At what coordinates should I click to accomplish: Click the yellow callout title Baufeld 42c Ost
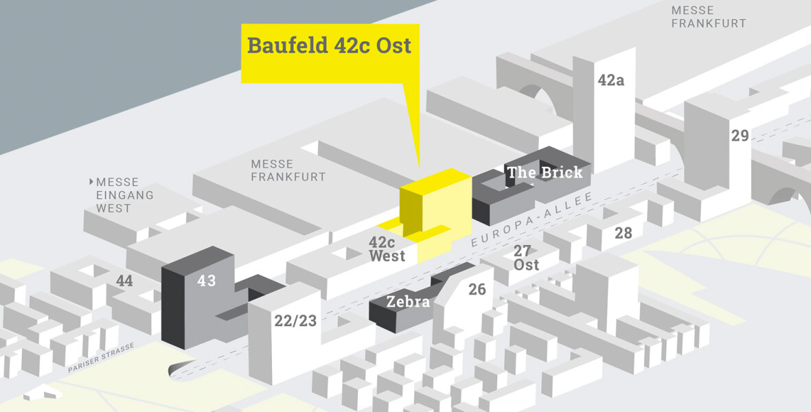[x=329, y=45]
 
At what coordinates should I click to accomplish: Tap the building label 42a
[x=611, y=80]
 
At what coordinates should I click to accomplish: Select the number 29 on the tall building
[x=740, y=135]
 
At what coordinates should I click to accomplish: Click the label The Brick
[x=545, y=172]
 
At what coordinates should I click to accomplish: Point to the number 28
[x=624, y=233]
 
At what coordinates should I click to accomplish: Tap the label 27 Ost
[x=526, y=258]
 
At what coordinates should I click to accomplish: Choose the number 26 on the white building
[x=477, y=290]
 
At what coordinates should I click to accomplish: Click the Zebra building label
[x=408, y=301]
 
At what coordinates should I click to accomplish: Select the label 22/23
[x=295, y=321]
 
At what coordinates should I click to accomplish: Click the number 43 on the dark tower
[x=207, y=281]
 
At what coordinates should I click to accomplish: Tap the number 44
[x=124, y=281]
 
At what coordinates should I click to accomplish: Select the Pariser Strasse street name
[x=102, y=358]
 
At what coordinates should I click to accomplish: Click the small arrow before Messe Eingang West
[x=91, y=182]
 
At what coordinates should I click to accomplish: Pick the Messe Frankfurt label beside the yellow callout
[x=288, y=170]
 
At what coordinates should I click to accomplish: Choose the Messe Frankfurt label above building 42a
[x=708, y=17]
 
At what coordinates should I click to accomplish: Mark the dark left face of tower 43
[x=173, y=308]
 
